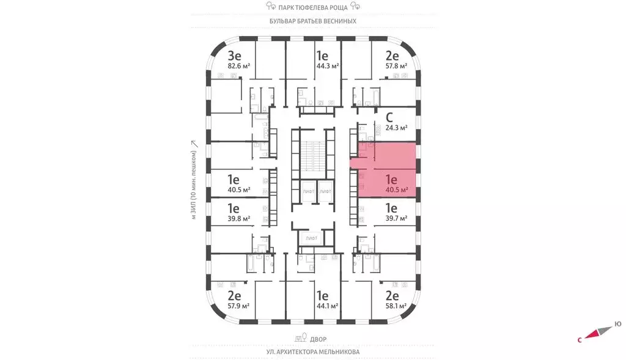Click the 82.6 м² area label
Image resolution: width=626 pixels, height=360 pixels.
pyautogui.click(x=239, y=66)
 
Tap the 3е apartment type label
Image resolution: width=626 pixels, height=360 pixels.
pyautogui.click(x=234, y=56)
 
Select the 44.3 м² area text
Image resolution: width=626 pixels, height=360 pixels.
pyautogui.click(x=328, y=66)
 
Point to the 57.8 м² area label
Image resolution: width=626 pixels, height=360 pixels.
pyautogui.click(x=396, y=66)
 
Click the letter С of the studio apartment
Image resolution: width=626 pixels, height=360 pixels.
pyautogui.click(x=389, y=117)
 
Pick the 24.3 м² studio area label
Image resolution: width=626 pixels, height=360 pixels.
pyautogui.click(x=396, y=128)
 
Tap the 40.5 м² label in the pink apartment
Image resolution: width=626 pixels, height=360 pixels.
pyautogui.click(x=396, y=190)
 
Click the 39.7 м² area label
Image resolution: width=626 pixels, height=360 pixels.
pyautogui.click(x=396, y=218)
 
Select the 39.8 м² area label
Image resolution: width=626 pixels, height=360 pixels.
pyautogui.click(x=239, y=218)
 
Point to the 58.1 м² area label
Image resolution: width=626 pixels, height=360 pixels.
pyautogui.click(x=396, y=306)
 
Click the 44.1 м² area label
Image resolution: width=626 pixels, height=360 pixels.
pyautogui.click(x=328, y=306)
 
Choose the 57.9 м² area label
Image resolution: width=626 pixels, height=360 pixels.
pyautogui.click(x=239, y=306)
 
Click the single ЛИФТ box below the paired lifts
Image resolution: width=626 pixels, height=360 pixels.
pyautogui.click(x=311, y=238)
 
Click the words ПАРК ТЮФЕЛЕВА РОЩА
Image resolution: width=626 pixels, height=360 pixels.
pyautogui.click(x=313, y=7)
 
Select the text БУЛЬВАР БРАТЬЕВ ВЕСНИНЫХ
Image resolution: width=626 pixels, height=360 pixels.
pyautogui.click(x=313, y=21)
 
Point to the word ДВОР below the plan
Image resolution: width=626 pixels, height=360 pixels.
pyautogui.click(x=318, y=339)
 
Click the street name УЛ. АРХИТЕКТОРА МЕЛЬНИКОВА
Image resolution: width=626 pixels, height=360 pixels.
pyautogui.click(x=313, y=352)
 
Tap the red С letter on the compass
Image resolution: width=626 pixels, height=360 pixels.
pyautogui.click(x=580, y=340)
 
